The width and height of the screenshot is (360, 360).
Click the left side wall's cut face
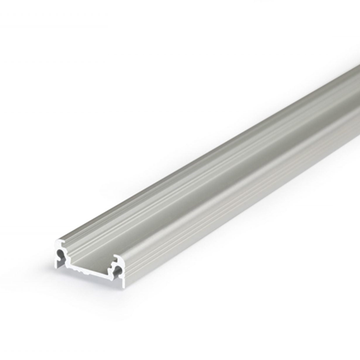point(56,258)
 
